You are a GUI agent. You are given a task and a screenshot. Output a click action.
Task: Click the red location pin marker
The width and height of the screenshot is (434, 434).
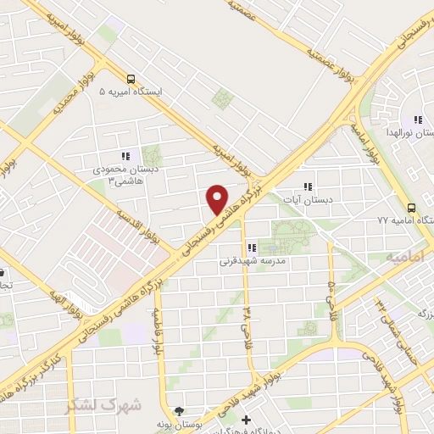[217, 199]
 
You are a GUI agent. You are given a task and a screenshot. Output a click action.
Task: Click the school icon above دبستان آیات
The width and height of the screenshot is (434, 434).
[308, 186]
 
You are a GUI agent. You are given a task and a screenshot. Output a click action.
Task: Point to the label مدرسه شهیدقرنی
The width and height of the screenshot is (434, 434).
[249, 261]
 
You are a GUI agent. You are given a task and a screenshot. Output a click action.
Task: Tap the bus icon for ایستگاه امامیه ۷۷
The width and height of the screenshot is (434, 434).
[411, 207]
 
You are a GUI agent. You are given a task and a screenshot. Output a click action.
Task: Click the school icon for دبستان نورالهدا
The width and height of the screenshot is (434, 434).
[416, 120]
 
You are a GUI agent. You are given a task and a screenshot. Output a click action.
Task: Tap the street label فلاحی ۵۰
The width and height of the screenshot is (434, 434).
[331, 288]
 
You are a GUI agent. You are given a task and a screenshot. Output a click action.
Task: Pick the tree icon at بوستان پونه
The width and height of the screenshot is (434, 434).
[177, 410]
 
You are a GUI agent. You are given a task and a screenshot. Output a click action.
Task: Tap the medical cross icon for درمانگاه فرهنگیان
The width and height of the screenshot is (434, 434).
[247, 420]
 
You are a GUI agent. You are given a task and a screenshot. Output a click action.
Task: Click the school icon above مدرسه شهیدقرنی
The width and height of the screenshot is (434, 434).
[251, 248]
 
